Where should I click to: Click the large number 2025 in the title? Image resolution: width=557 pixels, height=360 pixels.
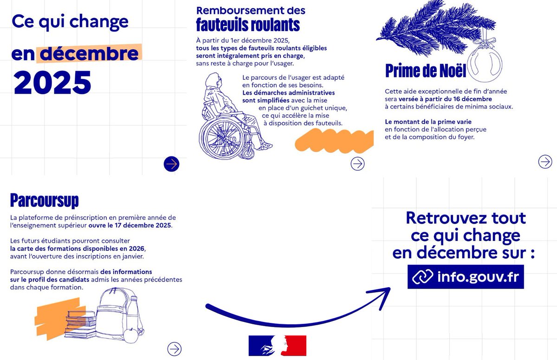tap(52, 82)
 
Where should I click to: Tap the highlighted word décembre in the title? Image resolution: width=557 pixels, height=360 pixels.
tap(89, 53)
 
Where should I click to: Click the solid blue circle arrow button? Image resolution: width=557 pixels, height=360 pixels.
tap(171, 164)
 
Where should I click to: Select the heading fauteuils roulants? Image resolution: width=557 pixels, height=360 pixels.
tap(248, 25)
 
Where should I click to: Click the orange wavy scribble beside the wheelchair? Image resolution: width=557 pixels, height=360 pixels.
tap(334, 141)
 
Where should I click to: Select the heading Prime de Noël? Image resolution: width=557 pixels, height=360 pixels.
tap(426, 71)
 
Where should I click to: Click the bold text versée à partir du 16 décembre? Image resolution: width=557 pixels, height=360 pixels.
tap(445, 99)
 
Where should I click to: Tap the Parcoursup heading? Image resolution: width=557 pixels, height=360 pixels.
tap(44, 200)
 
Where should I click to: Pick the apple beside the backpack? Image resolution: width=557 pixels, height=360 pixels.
tap(131, 335)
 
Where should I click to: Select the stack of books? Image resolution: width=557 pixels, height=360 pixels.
tap(80, 324)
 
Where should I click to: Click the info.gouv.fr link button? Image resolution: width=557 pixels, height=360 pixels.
tap(466, 277)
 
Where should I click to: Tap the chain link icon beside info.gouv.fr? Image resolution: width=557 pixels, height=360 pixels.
tap(422, 276)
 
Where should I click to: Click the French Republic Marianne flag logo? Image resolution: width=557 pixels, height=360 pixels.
tap(278, 346)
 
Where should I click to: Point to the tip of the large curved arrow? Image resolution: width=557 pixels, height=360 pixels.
tap(390, 289)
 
